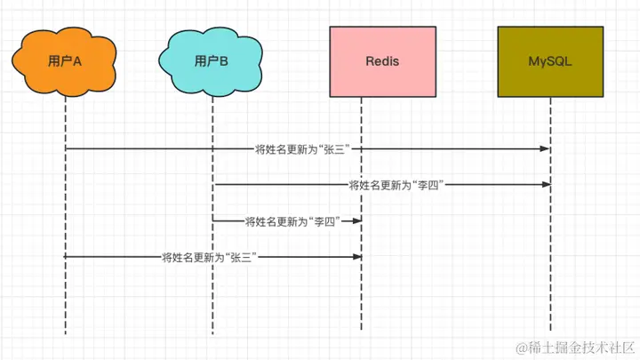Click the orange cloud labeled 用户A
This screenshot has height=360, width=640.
[x=65, y=61]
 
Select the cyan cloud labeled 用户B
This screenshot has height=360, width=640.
[x=211, y=61]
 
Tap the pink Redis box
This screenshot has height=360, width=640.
[x=382, y=61]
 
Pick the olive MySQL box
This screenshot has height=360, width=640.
[x=550, y=61]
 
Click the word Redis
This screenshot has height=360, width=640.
[x=382, y=61]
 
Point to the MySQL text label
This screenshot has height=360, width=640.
[x=550, y=61]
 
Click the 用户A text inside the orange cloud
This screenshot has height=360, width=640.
[x=65, y=61]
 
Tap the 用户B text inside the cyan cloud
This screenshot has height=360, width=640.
[x=211, y=61]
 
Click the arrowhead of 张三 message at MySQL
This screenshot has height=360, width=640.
[x=546, y=149]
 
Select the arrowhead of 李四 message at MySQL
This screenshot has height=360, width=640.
[x=547, y=185]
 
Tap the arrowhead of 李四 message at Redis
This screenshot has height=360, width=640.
[x=357, y=220]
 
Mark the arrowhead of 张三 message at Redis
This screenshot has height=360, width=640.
[x=357, y=257]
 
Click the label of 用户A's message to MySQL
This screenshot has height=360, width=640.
[x=302, y=149]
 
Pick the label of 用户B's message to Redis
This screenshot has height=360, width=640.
[x=292, y=221]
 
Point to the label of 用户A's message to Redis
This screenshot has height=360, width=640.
[x=210, y=257]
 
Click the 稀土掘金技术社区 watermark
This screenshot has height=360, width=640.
[x=575, y=348]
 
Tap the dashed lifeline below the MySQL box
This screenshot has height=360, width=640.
[x=550, y=213]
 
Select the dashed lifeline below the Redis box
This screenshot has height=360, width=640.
[x=361, y=213]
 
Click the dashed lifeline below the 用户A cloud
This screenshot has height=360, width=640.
[x=65, y=215]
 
